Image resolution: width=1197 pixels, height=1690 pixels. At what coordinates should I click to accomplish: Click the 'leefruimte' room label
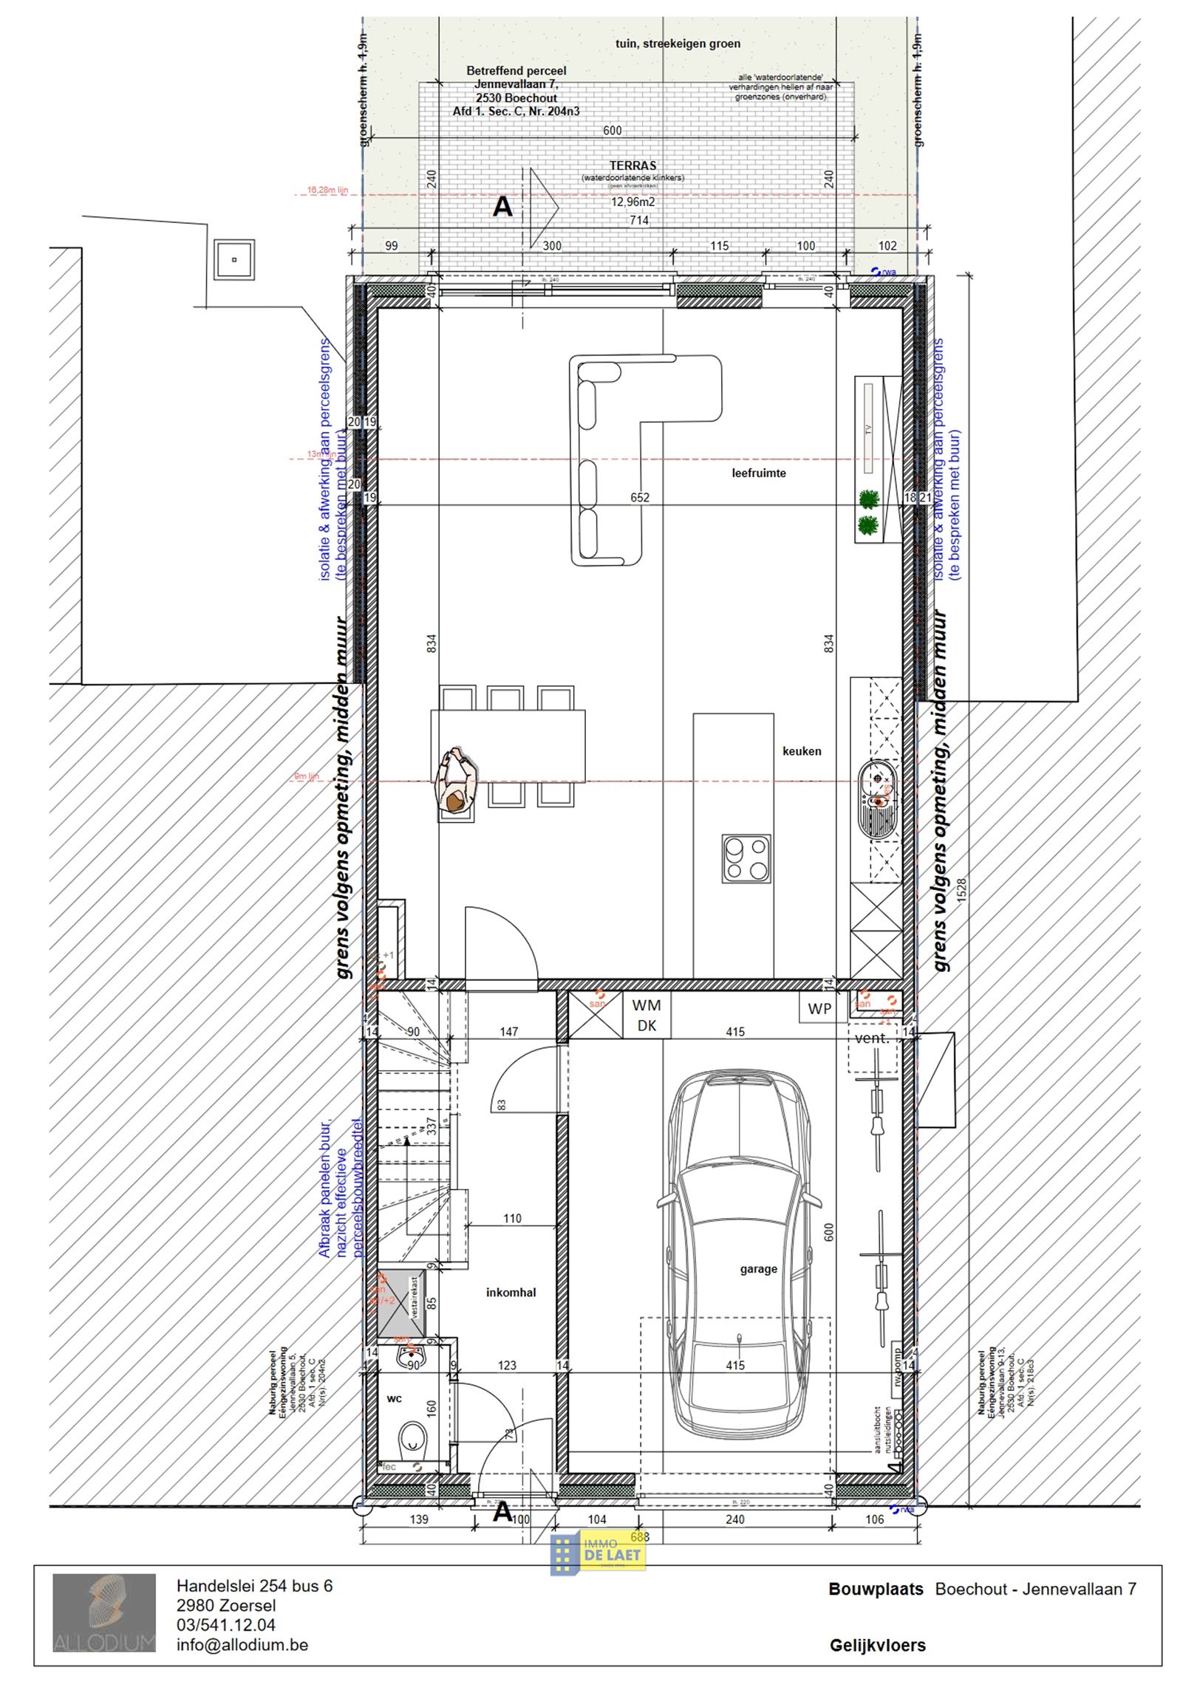tap(758, 473)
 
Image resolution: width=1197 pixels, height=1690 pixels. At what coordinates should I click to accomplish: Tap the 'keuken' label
tap(802, 751)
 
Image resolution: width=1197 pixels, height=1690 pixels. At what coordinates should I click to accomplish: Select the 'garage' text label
tap(758, 1269)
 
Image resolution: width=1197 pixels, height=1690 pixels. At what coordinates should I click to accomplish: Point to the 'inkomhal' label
tap(511, 1293)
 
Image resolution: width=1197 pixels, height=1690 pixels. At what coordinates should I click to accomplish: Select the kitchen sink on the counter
tap(877, 798)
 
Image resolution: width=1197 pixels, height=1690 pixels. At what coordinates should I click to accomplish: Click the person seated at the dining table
tap(458, 784)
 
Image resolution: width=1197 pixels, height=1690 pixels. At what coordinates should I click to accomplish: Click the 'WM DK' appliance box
tap(647, 1016)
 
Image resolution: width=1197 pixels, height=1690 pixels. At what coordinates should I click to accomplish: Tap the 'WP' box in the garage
tap(819, 1009)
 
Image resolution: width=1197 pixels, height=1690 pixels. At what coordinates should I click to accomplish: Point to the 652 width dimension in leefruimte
tap(640, 498)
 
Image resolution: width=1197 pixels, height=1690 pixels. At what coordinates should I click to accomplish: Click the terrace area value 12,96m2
tap(632, 202)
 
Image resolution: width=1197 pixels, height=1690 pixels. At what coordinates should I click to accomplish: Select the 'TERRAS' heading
tap(633, 165)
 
